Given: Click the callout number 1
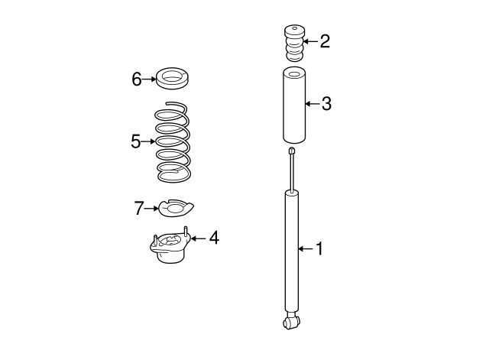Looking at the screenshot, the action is (319, 249).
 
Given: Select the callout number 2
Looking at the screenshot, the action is (325, 41).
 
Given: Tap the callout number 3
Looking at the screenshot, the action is (326, 104).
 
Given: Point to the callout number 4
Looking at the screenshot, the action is (214, 238).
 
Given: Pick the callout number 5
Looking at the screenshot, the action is (136, 141).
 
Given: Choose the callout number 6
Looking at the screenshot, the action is (137, 79).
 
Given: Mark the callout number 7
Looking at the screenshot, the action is (139, 208).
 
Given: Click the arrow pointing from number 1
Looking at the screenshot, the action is (306, 249).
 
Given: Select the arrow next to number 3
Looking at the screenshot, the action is (313, 104).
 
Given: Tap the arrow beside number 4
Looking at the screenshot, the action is (199, 238).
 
